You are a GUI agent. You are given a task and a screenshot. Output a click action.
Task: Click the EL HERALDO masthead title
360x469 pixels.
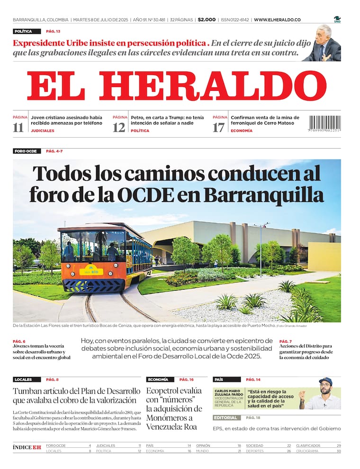click(x=177, y=86)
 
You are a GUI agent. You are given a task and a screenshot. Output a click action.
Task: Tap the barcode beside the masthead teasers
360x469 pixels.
click(x=324, y=124)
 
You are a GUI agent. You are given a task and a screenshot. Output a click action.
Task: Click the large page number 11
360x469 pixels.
click(x=18, y=127)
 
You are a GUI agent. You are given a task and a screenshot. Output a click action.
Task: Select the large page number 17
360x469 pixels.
click(x=218, y=127)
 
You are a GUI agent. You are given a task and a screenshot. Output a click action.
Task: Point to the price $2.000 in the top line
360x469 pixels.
click(x=206, y=20)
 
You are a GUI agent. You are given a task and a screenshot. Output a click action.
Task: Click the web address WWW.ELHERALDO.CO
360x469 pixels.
click(x=277, y=20)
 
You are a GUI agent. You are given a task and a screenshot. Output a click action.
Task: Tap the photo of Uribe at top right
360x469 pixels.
click(x=324, y=44)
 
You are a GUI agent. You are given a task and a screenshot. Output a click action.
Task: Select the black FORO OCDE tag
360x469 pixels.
click(x=26, y=151)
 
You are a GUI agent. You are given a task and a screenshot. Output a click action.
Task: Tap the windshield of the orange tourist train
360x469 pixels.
click(x=90, y=246)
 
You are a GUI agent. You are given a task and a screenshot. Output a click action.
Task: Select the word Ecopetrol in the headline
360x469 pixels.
click(x=167, y=391)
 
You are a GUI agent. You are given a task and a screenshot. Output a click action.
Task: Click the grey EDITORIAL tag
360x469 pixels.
click(x=225, y=418)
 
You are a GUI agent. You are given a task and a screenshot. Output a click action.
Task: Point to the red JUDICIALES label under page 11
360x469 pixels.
click(x=43, y=131)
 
